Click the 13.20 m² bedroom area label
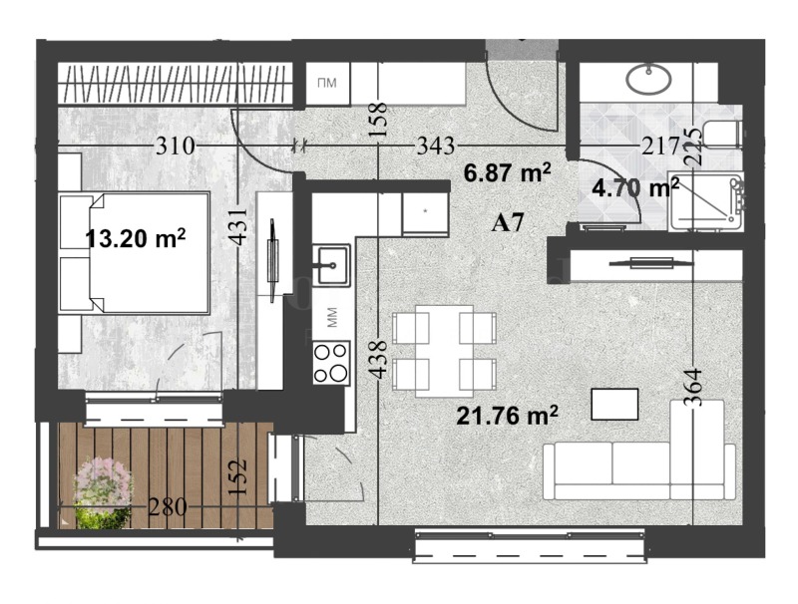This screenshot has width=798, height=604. [x=137, y=239]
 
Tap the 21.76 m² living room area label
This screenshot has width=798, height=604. [x=507, y=414]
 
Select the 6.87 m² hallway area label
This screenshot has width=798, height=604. [x=509, y=172]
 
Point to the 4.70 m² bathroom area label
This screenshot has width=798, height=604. [x=635, y=186]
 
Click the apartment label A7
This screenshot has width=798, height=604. [x=509, y=223]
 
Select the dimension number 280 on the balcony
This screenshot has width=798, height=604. [x=167, y=507]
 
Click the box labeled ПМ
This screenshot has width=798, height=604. [x=326, y=83]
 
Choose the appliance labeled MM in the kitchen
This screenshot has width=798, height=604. [x=331, y=319]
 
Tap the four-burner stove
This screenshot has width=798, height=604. [x=331, y=362]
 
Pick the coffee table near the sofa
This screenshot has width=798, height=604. [x=615, y=404]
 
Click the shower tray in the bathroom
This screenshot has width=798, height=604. [x=707, y=199]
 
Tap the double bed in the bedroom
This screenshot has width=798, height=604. [x=136, y=253]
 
